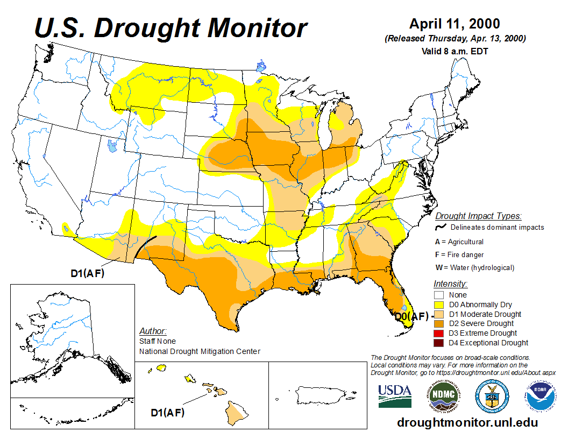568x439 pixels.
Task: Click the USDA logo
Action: pos(395,396)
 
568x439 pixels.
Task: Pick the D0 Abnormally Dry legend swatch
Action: pos(439,305)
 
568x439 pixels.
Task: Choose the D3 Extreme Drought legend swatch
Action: pos(439,333)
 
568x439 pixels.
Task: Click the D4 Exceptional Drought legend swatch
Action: pos(439,343)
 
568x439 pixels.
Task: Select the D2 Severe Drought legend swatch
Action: pos(439,323)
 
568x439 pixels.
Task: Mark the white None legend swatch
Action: pos(439,295)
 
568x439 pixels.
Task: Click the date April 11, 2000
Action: pos(455,24)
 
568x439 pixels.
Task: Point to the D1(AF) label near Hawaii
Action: pos(168,413)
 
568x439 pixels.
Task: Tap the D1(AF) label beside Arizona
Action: pos(88,273)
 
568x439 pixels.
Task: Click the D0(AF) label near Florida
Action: pos(412,317)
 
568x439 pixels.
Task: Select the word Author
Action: pos(153,331)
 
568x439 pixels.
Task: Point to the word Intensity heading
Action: pos(450,284)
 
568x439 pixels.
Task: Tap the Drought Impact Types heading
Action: pos(478,216)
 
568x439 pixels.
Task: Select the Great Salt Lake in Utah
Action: pos(112,146)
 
